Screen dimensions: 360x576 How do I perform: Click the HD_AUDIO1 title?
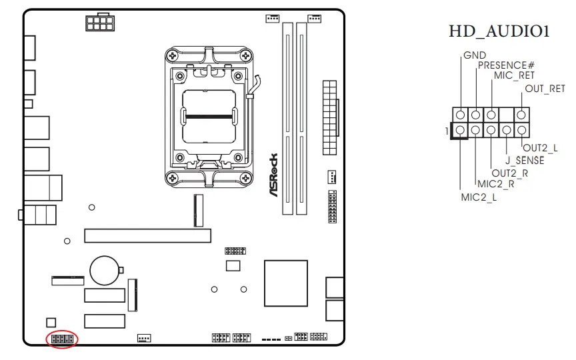coord(499,31)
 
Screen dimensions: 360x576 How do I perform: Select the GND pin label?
coord(474,55)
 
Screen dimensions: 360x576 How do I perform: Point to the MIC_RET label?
coord(514,76)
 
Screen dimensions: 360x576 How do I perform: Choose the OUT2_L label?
coord(540,148)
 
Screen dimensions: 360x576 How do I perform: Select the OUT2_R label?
coord(510,173)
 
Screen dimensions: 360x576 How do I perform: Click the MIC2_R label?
coord(495,185)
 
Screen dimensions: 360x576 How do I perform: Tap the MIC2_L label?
coord(479,197)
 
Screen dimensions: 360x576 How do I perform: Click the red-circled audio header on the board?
coord(62,339)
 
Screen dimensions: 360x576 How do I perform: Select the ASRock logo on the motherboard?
coord(273,175)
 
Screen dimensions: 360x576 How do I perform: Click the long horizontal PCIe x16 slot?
coord(147,235)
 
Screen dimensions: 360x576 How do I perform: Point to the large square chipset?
coord(286,283)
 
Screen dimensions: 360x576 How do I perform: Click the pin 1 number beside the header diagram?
coord(447,131)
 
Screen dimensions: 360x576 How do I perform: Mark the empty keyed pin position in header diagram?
coord(507,115)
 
